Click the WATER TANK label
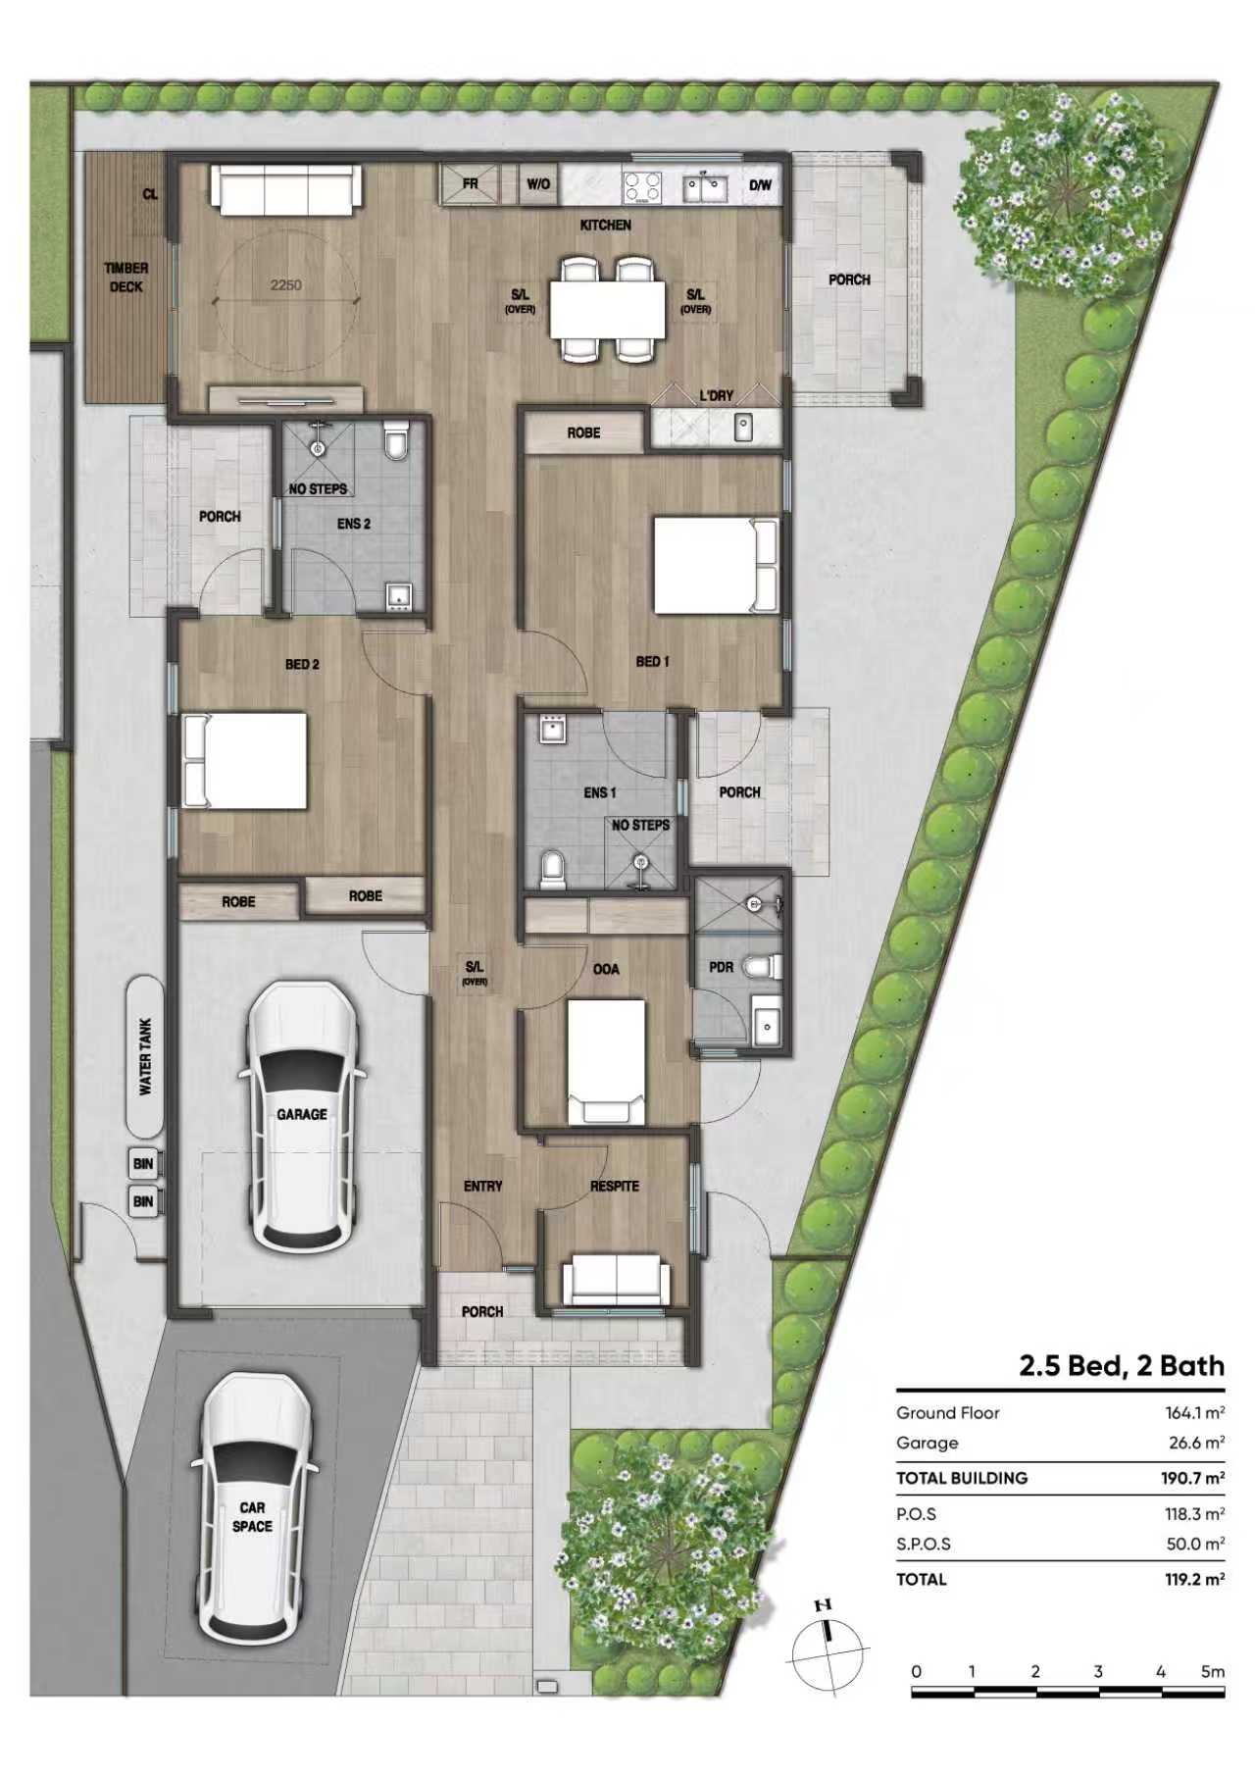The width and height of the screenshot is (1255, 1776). point(145,1056)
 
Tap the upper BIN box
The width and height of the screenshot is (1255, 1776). point(143,1164)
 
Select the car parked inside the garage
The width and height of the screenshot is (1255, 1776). point(301,1116)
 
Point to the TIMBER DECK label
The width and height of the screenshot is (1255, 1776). point(125,278)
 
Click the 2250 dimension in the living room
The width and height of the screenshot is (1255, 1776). point(286,285)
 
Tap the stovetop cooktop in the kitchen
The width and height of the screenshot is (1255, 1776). point(643,186)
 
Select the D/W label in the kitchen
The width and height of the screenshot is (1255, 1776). point(761,184)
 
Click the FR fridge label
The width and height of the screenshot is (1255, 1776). point(471,183)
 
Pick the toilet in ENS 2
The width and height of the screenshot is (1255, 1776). point(396,441)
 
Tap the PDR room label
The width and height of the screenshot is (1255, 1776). point(721,967)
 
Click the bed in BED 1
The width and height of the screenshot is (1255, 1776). point(716,567)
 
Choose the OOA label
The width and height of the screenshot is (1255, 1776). point(606,969)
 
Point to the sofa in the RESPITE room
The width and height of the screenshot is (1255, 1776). point(616,1283)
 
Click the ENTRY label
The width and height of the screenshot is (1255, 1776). point(482,1187)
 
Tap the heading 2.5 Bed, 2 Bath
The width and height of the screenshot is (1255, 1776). point(1122,1366)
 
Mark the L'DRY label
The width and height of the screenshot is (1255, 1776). point(716,396)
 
